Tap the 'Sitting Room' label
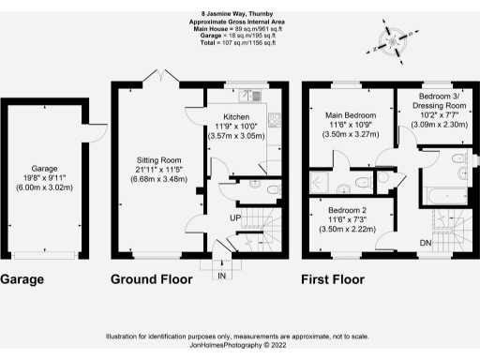[157, 158]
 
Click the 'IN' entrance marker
[221, 277]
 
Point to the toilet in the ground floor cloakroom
[272, 189]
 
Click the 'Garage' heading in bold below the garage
[23, 279]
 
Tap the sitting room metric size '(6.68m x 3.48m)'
[157, 178]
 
